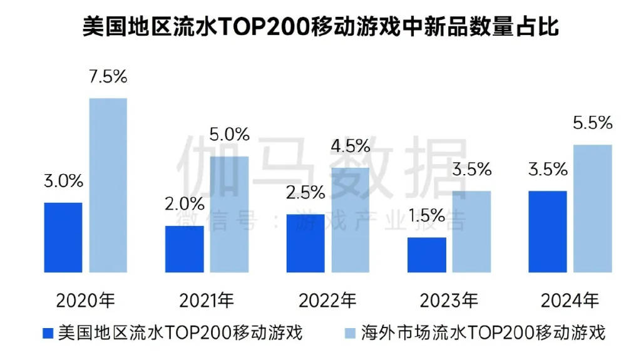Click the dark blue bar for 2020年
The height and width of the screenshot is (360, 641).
[x=63, y=237]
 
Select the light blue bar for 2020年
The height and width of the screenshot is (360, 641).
[x=108, y=185]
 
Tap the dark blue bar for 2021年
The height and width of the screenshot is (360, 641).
[x=184, y=249]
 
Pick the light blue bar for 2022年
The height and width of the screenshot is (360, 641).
[x=350, y=220]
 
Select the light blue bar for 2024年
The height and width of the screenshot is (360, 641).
[x=593, y=208]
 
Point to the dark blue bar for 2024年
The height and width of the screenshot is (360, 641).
[x=548, y=232]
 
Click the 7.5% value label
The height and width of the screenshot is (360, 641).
[x=108, y=77]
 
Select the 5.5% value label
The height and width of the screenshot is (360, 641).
[x=592, y=123]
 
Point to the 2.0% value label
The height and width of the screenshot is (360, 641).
[x=185, y=204]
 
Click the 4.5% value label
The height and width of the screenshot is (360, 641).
[x=350, y=146]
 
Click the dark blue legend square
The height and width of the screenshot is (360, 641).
[x=48, y=332]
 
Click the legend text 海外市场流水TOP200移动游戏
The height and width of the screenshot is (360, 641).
[x=483, y=332]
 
